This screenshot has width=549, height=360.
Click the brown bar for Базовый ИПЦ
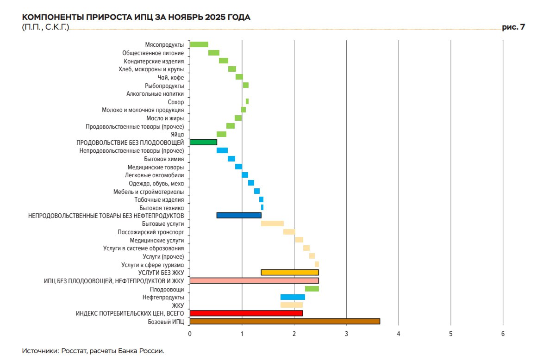coord(285,322)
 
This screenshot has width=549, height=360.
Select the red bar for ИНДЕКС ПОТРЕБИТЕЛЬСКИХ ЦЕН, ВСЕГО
coord(246,313)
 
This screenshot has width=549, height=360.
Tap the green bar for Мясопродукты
coord(199,44)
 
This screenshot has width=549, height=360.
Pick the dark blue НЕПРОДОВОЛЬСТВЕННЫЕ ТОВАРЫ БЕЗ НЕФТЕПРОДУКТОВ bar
coord(239,215)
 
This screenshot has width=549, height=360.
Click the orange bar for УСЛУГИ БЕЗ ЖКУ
coord(290,273)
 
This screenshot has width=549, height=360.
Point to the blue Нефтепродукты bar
coord(293,297)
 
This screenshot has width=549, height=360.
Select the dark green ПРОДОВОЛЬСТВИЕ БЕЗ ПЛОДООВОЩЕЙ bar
coord(203,142)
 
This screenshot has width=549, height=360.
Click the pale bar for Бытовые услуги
coord(272,223)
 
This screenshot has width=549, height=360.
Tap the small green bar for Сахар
coord(247,101)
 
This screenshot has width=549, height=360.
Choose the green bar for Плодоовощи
coord(312,289)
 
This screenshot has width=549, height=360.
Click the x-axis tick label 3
coord(346,334)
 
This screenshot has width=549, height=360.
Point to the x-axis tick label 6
coord(503,334)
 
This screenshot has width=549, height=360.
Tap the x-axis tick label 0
coord(190,334)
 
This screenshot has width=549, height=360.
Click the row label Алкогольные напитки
coord(155,94)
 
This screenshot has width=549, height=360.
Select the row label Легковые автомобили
coord(154,175)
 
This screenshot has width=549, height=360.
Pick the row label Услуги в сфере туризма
coord(152,265)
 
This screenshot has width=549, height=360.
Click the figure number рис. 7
coord(513,27)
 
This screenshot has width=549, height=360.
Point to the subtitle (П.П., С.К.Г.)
coord(45,27)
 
